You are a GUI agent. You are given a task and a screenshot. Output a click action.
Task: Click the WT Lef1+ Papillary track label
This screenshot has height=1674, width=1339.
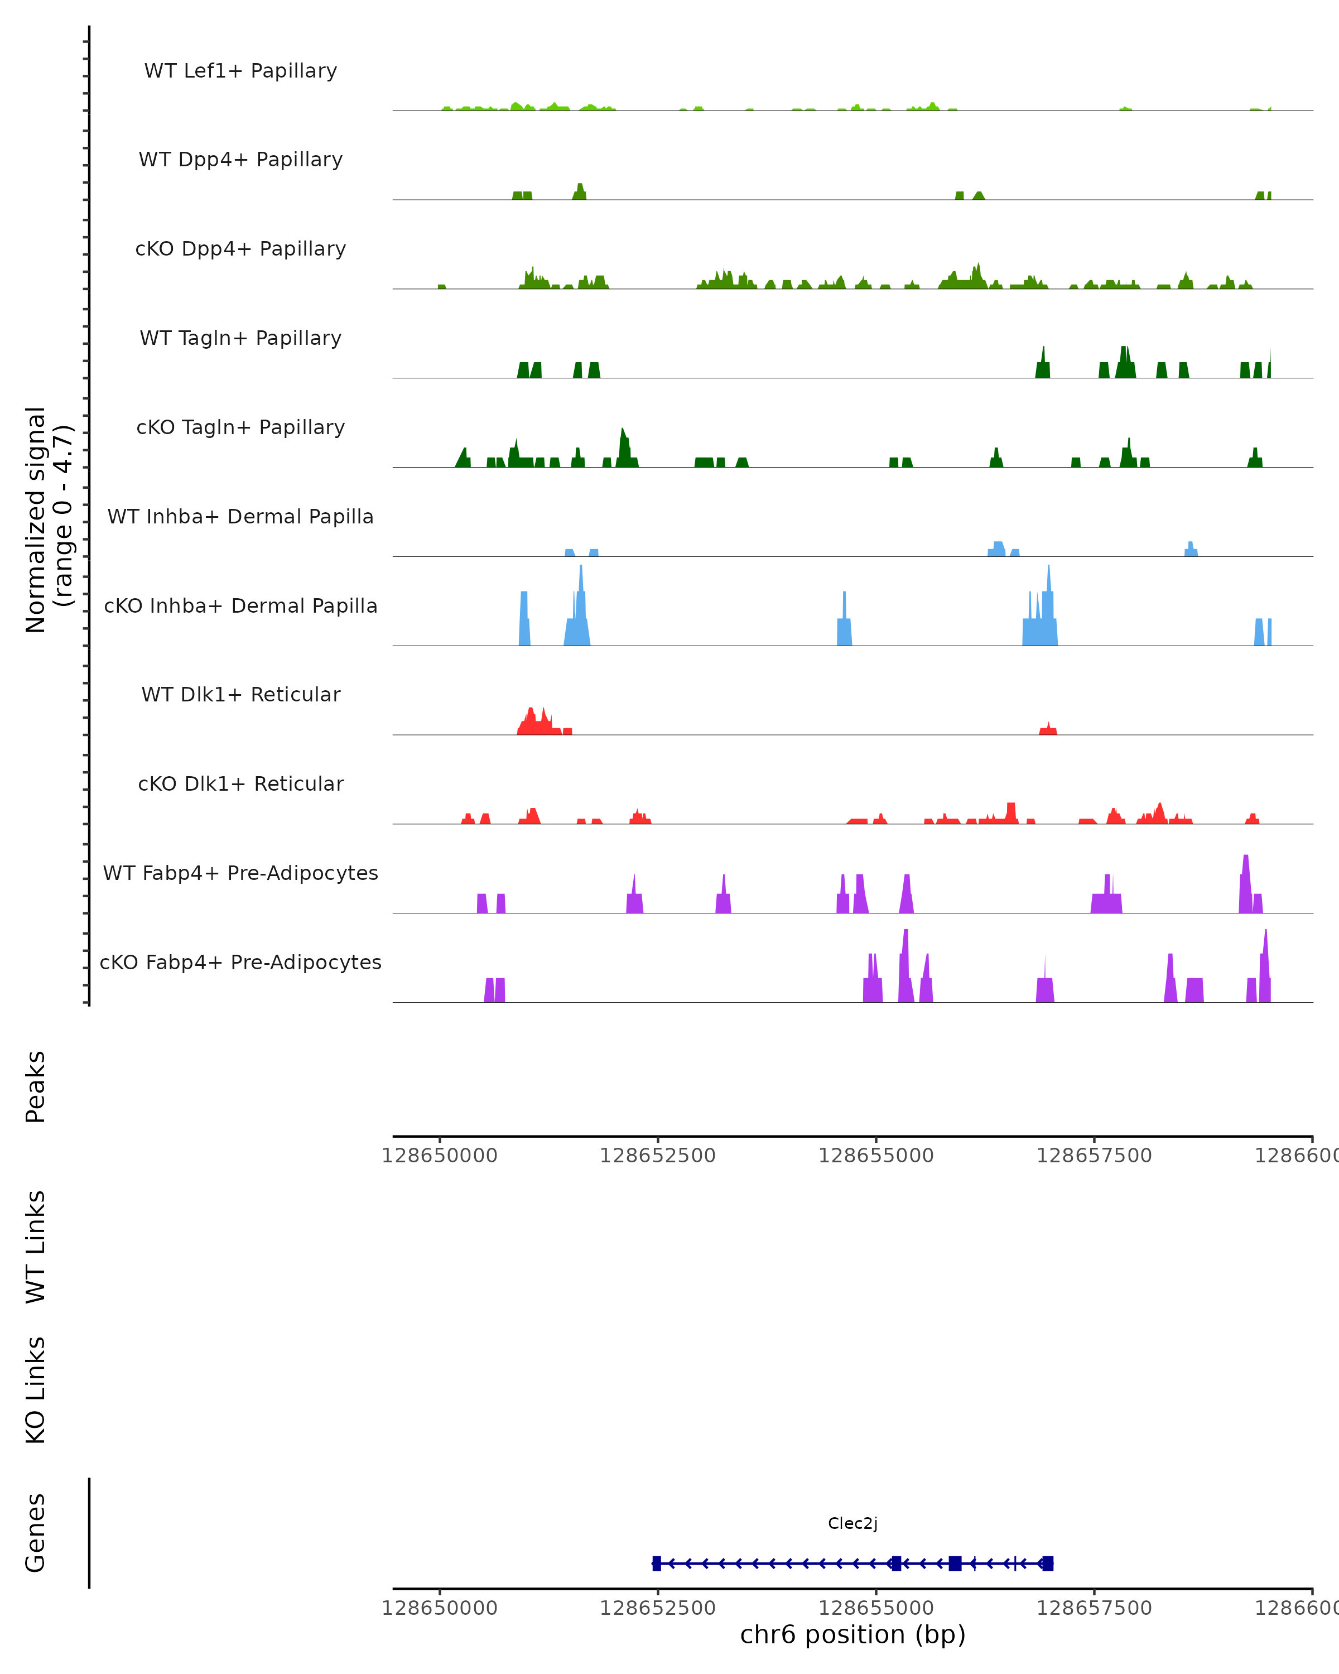coord(240,71)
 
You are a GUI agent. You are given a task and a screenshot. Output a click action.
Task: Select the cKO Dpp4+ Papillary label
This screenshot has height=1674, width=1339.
coord(240,249)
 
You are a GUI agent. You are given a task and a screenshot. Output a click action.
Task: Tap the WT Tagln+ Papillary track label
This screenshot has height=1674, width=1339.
coord(240,339)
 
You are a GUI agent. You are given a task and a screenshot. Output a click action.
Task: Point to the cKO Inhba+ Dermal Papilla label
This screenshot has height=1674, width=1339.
coord(240,607)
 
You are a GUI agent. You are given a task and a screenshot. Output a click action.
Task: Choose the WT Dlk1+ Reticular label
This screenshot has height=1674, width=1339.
coord(240,695)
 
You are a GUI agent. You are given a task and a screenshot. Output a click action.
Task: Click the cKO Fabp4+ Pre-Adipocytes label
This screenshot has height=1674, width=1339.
coord(240,963)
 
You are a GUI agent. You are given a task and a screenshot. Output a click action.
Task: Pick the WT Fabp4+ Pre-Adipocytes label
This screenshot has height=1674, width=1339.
coord(240,873)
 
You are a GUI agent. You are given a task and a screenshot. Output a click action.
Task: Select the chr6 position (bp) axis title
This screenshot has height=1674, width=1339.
coord(852,1634)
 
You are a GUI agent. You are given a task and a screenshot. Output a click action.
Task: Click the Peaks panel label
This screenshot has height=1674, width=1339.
coord(36,1087)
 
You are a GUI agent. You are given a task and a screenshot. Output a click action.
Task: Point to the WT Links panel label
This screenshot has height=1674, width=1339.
coord(36,1247)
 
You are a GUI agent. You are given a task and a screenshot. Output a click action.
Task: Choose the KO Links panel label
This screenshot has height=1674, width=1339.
coord(36,1391)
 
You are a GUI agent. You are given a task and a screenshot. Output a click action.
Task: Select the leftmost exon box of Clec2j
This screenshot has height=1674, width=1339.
coord(657,1563)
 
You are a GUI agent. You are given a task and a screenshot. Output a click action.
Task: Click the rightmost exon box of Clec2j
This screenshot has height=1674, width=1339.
coord(1048,1563)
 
